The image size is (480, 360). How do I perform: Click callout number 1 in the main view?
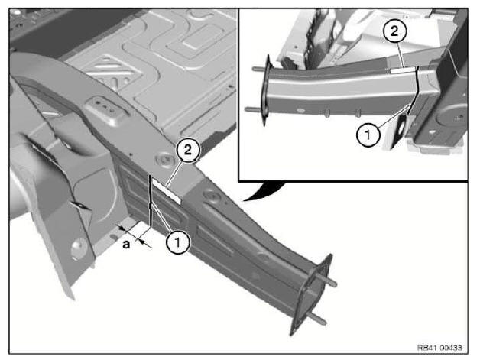[x=177, y=242]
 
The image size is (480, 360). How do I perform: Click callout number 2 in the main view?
[x=188, y=150]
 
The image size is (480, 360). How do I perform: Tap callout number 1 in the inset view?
[x=368, y=135]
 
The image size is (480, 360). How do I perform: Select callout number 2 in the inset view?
[x=394, y=31]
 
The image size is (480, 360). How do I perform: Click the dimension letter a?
[x=126, y=245]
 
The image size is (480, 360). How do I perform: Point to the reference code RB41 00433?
[x=440, y=348]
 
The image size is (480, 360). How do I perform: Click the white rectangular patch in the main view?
[x=167, y=191]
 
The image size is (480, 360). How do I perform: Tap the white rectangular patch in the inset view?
[x=403, y=70]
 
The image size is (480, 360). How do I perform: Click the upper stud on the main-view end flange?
[x=326, y=280]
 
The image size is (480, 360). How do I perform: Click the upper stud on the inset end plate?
[x=260, y=70]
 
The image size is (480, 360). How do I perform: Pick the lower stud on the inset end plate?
[x=253, y=109]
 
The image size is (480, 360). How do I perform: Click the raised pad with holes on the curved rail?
[x=106, y=110]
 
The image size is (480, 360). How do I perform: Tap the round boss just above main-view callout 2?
[x=163, y=161]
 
